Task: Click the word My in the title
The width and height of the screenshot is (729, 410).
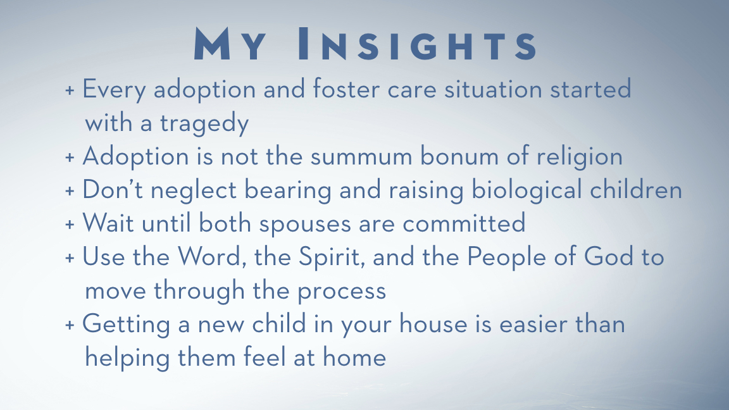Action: tap(230, 44)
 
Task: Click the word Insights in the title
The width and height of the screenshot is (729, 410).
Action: tap(417, 44)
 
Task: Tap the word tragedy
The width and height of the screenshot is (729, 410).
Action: tap(204, 123)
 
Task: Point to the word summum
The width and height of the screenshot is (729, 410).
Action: tap(361, 156)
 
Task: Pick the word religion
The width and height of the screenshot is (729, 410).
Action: tap(579, 157)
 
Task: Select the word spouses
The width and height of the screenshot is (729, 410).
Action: tap(304, 225)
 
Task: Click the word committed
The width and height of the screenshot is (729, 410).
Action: tap(464, 223)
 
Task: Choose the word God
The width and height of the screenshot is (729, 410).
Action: tap(608, 257)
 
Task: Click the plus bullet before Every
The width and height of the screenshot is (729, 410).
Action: tap(70, 90)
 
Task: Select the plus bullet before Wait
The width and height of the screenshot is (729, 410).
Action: tap(70, 224)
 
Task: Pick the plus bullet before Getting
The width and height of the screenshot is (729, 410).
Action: tap(70, 325)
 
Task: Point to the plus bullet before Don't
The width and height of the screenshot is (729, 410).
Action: tap(70, 190)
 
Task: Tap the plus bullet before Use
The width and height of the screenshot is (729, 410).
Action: tap(70, 258)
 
